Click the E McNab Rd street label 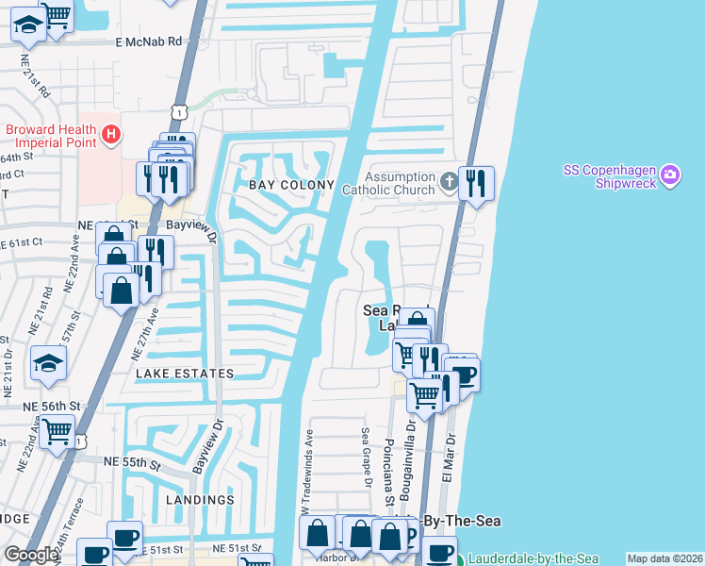click(148, 42)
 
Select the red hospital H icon click(111, 135)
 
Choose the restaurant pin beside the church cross click(476, 183)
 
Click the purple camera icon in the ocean click(670, 175)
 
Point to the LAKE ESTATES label click(185, 374)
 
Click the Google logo click(31, 555)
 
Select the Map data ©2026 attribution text click(665, 558)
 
